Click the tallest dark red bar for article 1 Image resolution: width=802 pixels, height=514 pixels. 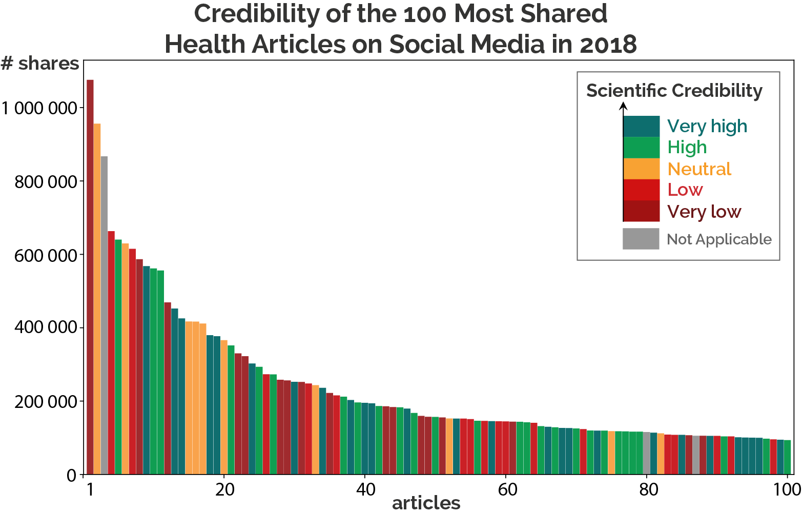pyautogui.click(x=90, y=277)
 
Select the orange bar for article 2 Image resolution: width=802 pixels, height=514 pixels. pyautogui.click(x=97, y=299)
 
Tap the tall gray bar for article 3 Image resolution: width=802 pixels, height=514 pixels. pyautogui.click(x=104, y=315)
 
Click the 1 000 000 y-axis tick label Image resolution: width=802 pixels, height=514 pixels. pyautogui.click(x=39, y=108)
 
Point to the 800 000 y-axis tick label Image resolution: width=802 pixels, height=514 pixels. pyautogui.click(x=46, y=182)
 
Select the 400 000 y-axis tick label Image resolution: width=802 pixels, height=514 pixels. pyautogui.click(x=46, y=327)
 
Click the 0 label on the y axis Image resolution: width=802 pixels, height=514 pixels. pyautogui.click(x=72, y=476)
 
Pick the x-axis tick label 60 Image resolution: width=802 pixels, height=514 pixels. pyautogui.click(x=507, y=489)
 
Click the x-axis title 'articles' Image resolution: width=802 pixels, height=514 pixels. pyautogui.click(x=426, y=503)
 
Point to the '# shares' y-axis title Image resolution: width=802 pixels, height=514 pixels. pyautogui.click(x=40, y=64)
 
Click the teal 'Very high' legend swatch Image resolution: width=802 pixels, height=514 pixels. pyautogui.click(x=641, y=127)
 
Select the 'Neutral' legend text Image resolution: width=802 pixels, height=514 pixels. pyautogui.click(x=699, y=169)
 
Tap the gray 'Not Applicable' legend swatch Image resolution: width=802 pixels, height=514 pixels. pyautogui.click(x=641, y=239)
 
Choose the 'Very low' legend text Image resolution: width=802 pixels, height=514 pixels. pyautogui.click(x=704, y=212)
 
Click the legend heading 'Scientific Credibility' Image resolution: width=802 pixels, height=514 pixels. pyautogui.click(x=674, y=91)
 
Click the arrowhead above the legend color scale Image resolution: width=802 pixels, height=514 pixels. pyautogui.click(x=623, y=106)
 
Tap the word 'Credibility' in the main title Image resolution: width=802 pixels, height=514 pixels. pyautogui.click(x=257, y=14)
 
